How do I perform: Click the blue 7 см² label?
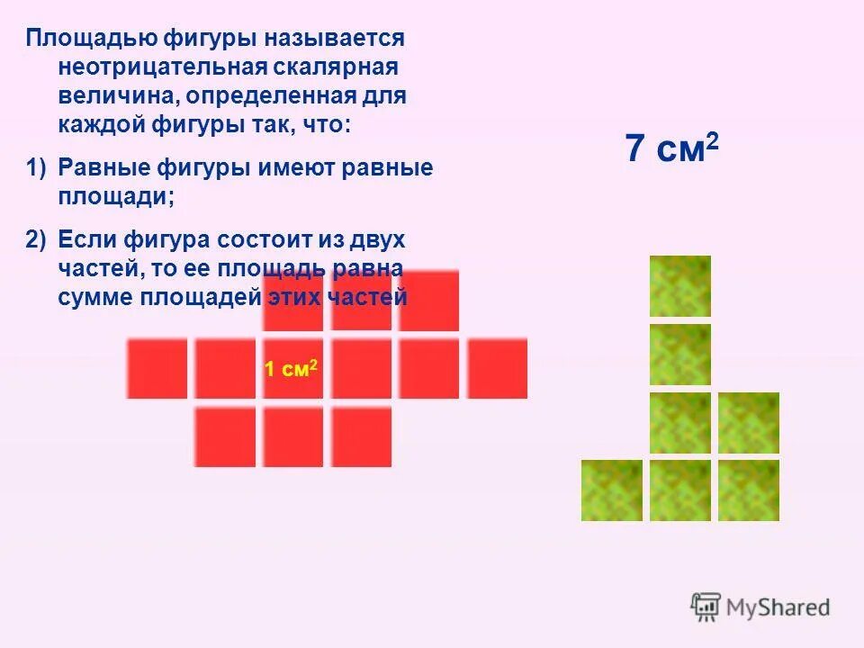(671, 148)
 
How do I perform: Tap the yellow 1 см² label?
(291, 369)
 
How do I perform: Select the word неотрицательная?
(158, 67)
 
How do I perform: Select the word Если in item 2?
(85, 240)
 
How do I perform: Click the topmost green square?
(680, 286)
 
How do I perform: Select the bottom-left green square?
(612, 490)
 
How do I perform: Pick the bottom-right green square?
(749, 490)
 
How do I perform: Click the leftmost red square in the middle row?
(157, 368)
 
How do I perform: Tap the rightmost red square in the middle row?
(498, 368)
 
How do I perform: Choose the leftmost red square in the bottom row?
(225, 436)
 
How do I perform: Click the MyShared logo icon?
(706, 607)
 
